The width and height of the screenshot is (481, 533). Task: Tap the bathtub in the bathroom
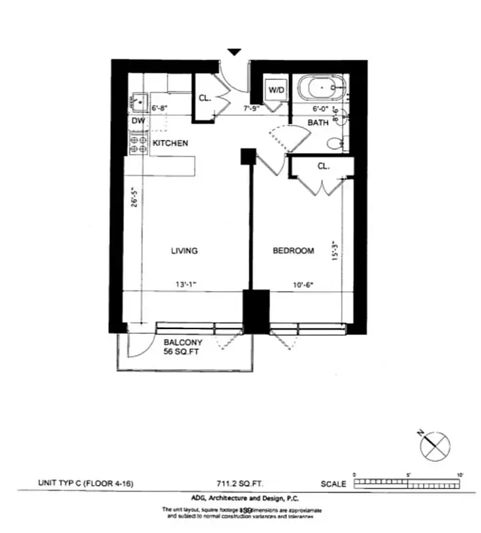pyautogui.click(x=322, y=89)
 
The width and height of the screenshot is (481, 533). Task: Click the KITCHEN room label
pyautogui.click(x=170, y=143)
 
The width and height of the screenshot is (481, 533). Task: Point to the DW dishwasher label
pyautogui.click(x=138, y=121)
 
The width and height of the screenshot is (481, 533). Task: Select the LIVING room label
pyautogui.click(x=184, y=251)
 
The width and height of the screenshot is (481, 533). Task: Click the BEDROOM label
pyautogui.click(x=293, y=251)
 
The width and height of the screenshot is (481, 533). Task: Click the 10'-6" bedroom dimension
pyautogui.click(x=302, y=285)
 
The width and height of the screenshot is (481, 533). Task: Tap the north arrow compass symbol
pyautogui.click(x=435, y=445)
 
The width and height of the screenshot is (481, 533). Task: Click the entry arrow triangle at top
pyautogui.click(x=234, y=52)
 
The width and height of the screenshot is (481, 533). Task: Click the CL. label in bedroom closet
pyautogui.click(x=323, y=167)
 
